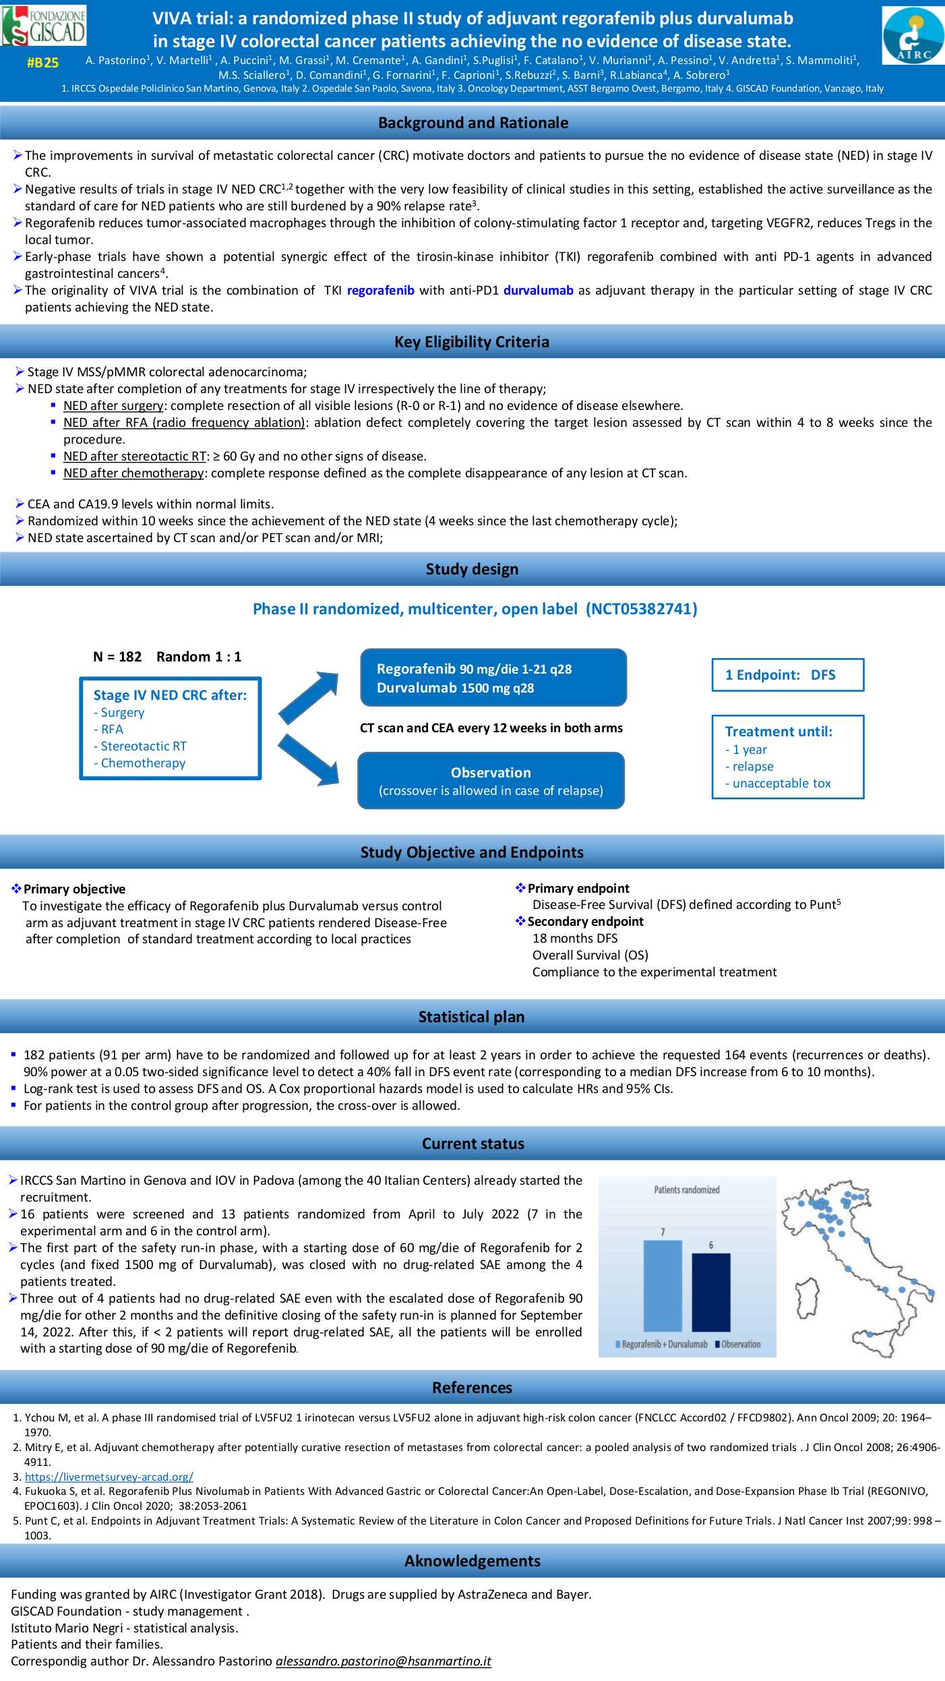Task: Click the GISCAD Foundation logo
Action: (44, 26)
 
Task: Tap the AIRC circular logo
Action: (913, 36)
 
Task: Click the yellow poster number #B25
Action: (42, 63)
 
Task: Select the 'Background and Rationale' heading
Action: (472, 123)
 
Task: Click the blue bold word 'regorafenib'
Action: (380, 291)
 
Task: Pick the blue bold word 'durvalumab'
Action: (538, 291)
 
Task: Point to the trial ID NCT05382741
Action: (641, 609)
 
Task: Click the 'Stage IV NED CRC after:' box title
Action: (170, 695)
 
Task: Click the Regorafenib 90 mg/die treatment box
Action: (493, 678)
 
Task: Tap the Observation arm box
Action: (491, 781)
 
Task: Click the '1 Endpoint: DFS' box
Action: (787, 675)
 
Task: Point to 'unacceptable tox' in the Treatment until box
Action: (781, 784)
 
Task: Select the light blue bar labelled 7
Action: (663, 1285)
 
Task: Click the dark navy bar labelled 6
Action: (710, 1291)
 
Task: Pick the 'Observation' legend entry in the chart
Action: (740, 1344)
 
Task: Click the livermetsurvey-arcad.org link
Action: (109, 1477)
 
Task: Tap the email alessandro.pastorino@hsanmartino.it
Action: (383, 1661)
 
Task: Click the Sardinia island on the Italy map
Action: (807, 1298)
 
